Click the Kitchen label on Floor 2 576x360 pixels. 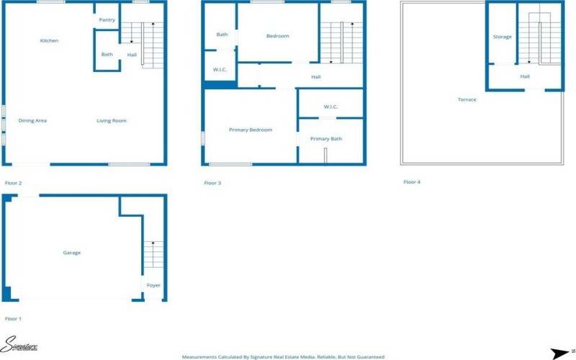click(x=49, y=41)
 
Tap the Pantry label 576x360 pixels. click(x=107, y=20)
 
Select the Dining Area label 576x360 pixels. click(x=32, y=120)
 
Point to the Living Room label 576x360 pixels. click(x=112, y=120)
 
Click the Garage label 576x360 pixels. click(x=71, y=253)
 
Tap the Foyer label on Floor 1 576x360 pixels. click(x=153, y=285)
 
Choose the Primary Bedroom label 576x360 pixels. click(x=251, y=130)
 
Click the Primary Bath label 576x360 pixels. click(x=326, y=138)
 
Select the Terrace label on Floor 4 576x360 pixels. click(x=467, y=99)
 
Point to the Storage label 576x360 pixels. click(x=502, y=37)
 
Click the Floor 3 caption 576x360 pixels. click(x=212, y=183)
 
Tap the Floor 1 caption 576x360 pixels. click(x=13, y=318)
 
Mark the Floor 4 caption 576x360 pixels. click(x=411, y=182)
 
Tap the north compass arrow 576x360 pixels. click(x=560, y=353)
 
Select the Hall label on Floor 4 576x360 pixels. click(x=525, y=76)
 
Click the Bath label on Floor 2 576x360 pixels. click(x=107, y=55)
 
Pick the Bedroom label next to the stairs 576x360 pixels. click(x=277, y=36)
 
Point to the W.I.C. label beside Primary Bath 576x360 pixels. click(x=330, y=107)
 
